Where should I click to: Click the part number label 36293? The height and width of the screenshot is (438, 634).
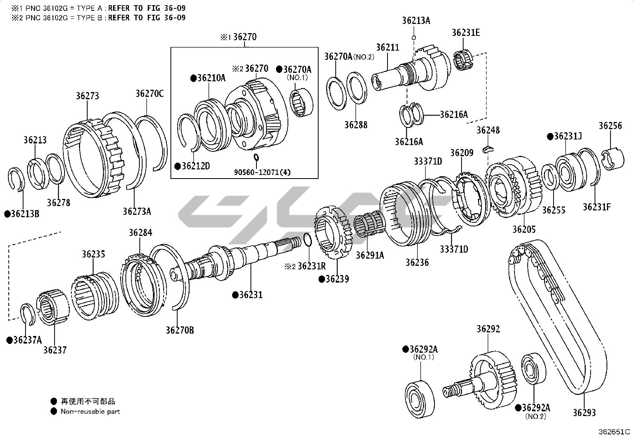point(584,412)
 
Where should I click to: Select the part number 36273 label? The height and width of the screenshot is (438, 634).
point(88,96)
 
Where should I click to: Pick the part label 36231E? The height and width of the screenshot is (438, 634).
point(466,33)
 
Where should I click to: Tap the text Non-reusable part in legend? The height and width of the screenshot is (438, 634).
point(90,411)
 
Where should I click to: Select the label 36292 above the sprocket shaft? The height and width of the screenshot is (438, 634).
point(488,329)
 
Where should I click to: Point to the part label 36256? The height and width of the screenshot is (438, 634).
point(610,126)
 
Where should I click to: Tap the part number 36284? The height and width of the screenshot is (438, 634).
point(140,233)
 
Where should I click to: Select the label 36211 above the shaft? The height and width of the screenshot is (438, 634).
point(387,48)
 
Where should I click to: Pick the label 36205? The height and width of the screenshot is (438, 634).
point(524,229)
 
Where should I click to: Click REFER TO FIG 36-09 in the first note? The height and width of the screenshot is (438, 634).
point(147,8)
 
